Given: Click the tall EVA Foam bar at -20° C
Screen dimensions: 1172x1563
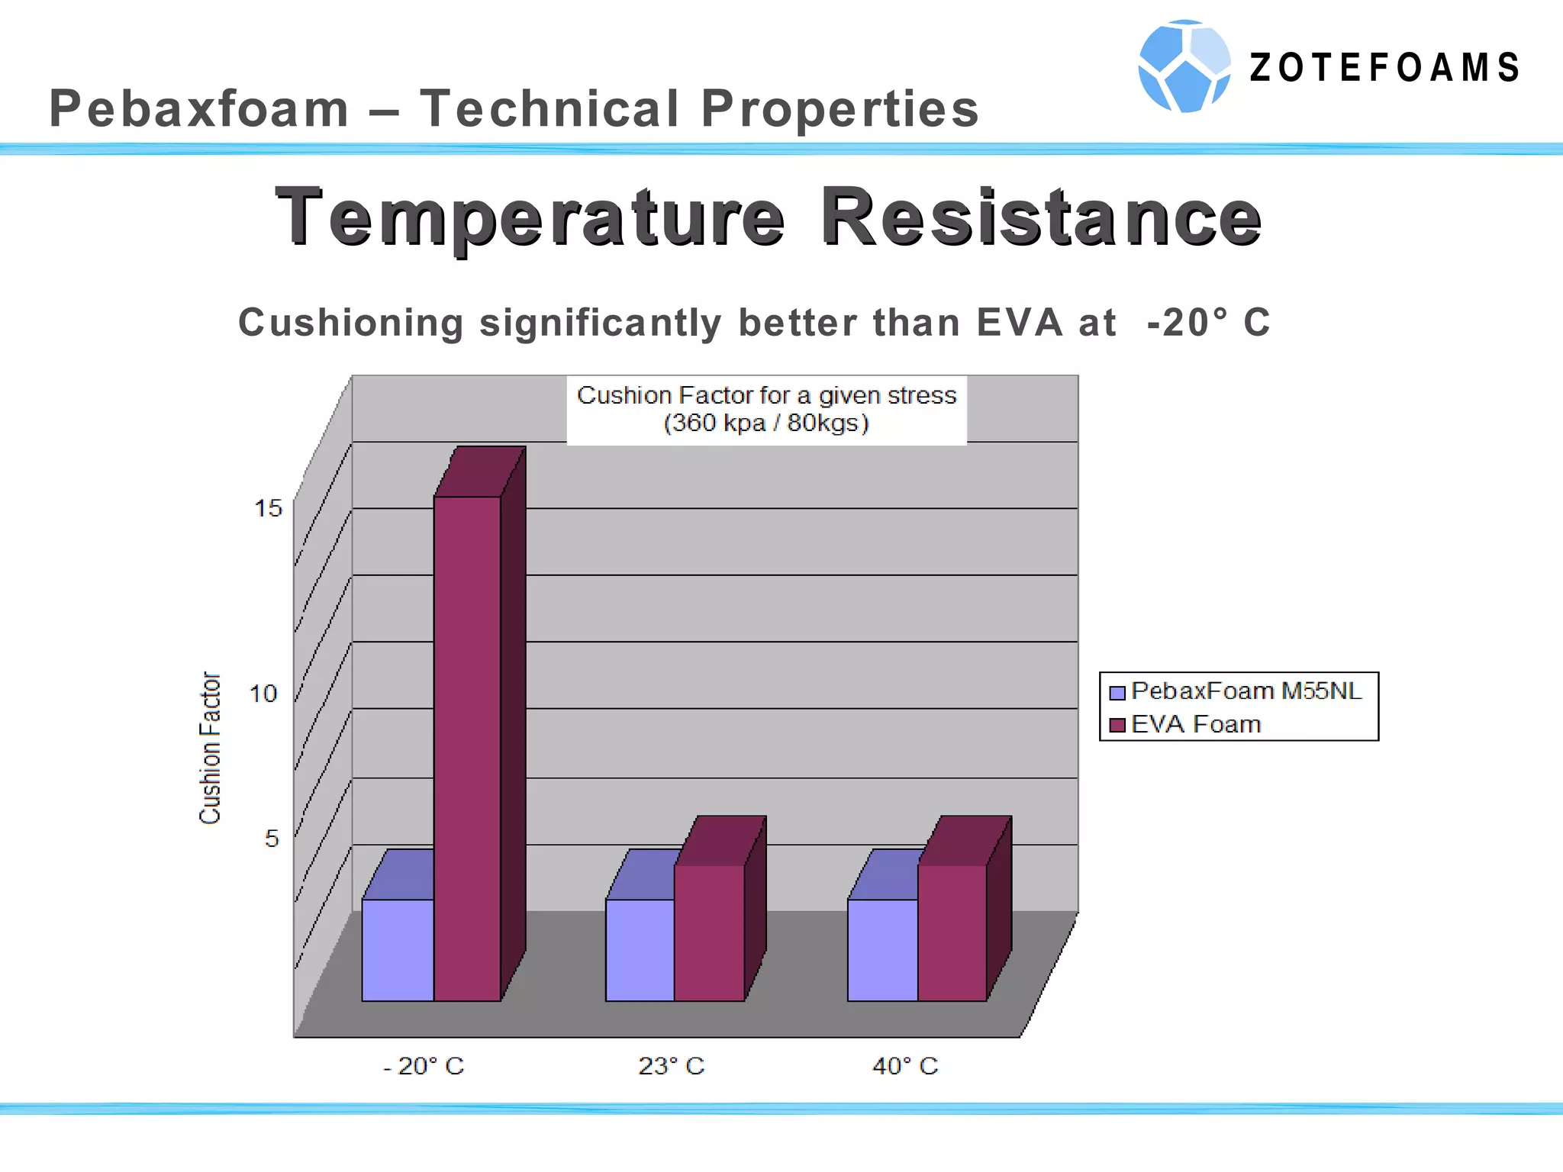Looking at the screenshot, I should coord(467,748).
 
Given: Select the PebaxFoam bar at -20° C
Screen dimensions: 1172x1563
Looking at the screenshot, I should coord(398,950).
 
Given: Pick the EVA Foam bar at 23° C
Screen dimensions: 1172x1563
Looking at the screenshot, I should coord(709,932).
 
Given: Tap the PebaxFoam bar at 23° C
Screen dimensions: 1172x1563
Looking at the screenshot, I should coord(640,950).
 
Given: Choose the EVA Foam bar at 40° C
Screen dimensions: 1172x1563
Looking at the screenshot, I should coord(952,932).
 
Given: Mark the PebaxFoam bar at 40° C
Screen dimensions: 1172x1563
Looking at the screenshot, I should coord(882,950).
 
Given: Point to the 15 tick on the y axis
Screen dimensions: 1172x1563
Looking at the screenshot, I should coord(268,508).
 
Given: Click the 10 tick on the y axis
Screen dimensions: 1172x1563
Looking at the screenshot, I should coord(264,694).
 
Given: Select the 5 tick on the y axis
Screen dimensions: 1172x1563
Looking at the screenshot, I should coord(272,839).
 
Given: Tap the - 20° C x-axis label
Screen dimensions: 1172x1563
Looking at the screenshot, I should coord(424,1066).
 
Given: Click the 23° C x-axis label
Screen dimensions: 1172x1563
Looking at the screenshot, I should coord(671,1066).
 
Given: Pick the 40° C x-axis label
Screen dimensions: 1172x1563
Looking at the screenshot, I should coord(905,1066).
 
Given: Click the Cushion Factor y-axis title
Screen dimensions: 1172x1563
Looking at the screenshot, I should coord(210,748).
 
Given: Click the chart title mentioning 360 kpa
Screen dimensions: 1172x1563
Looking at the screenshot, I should coord(766,409).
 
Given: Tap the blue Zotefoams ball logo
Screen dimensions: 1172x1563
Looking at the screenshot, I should coord(1184,66).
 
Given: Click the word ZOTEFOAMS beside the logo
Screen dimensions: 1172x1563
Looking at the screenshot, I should coord(1384,67).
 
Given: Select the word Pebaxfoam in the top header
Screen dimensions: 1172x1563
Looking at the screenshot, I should coord(199,108).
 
